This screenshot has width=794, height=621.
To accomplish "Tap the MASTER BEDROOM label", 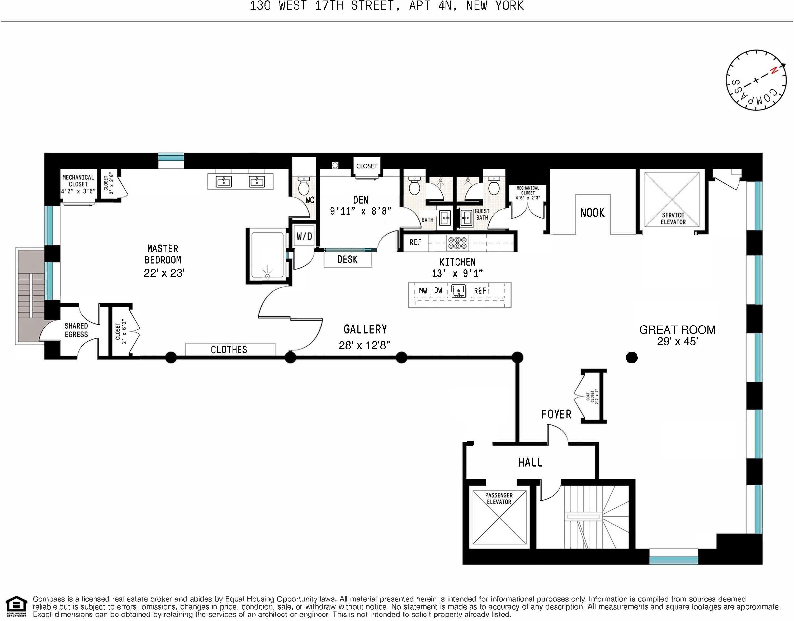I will coord(163,254).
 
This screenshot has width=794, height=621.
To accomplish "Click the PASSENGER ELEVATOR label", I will coord(499,498).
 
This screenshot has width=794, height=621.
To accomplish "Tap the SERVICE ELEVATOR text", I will coord(673,219).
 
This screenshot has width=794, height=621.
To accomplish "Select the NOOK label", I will coord(592,213).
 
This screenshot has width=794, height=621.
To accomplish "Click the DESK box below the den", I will coord(348,260).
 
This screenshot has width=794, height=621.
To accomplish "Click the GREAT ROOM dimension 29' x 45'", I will coord(677,341).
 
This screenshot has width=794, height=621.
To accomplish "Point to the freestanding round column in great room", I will coord(632,358).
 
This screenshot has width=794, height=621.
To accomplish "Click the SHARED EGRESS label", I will coord(76,330).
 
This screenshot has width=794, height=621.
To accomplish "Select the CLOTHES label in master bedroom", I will coord(229,350).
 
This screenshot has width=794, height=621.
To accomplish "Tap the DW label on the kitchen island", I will coord(438,290).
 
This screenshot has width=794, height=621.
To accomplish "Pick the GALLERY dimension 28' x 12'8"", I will coord(364,345).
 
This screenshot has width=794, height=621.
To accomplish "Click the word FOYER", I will coord(556,414).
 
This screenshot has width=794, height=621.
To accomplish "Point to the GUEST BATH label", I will coord(482,214).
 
